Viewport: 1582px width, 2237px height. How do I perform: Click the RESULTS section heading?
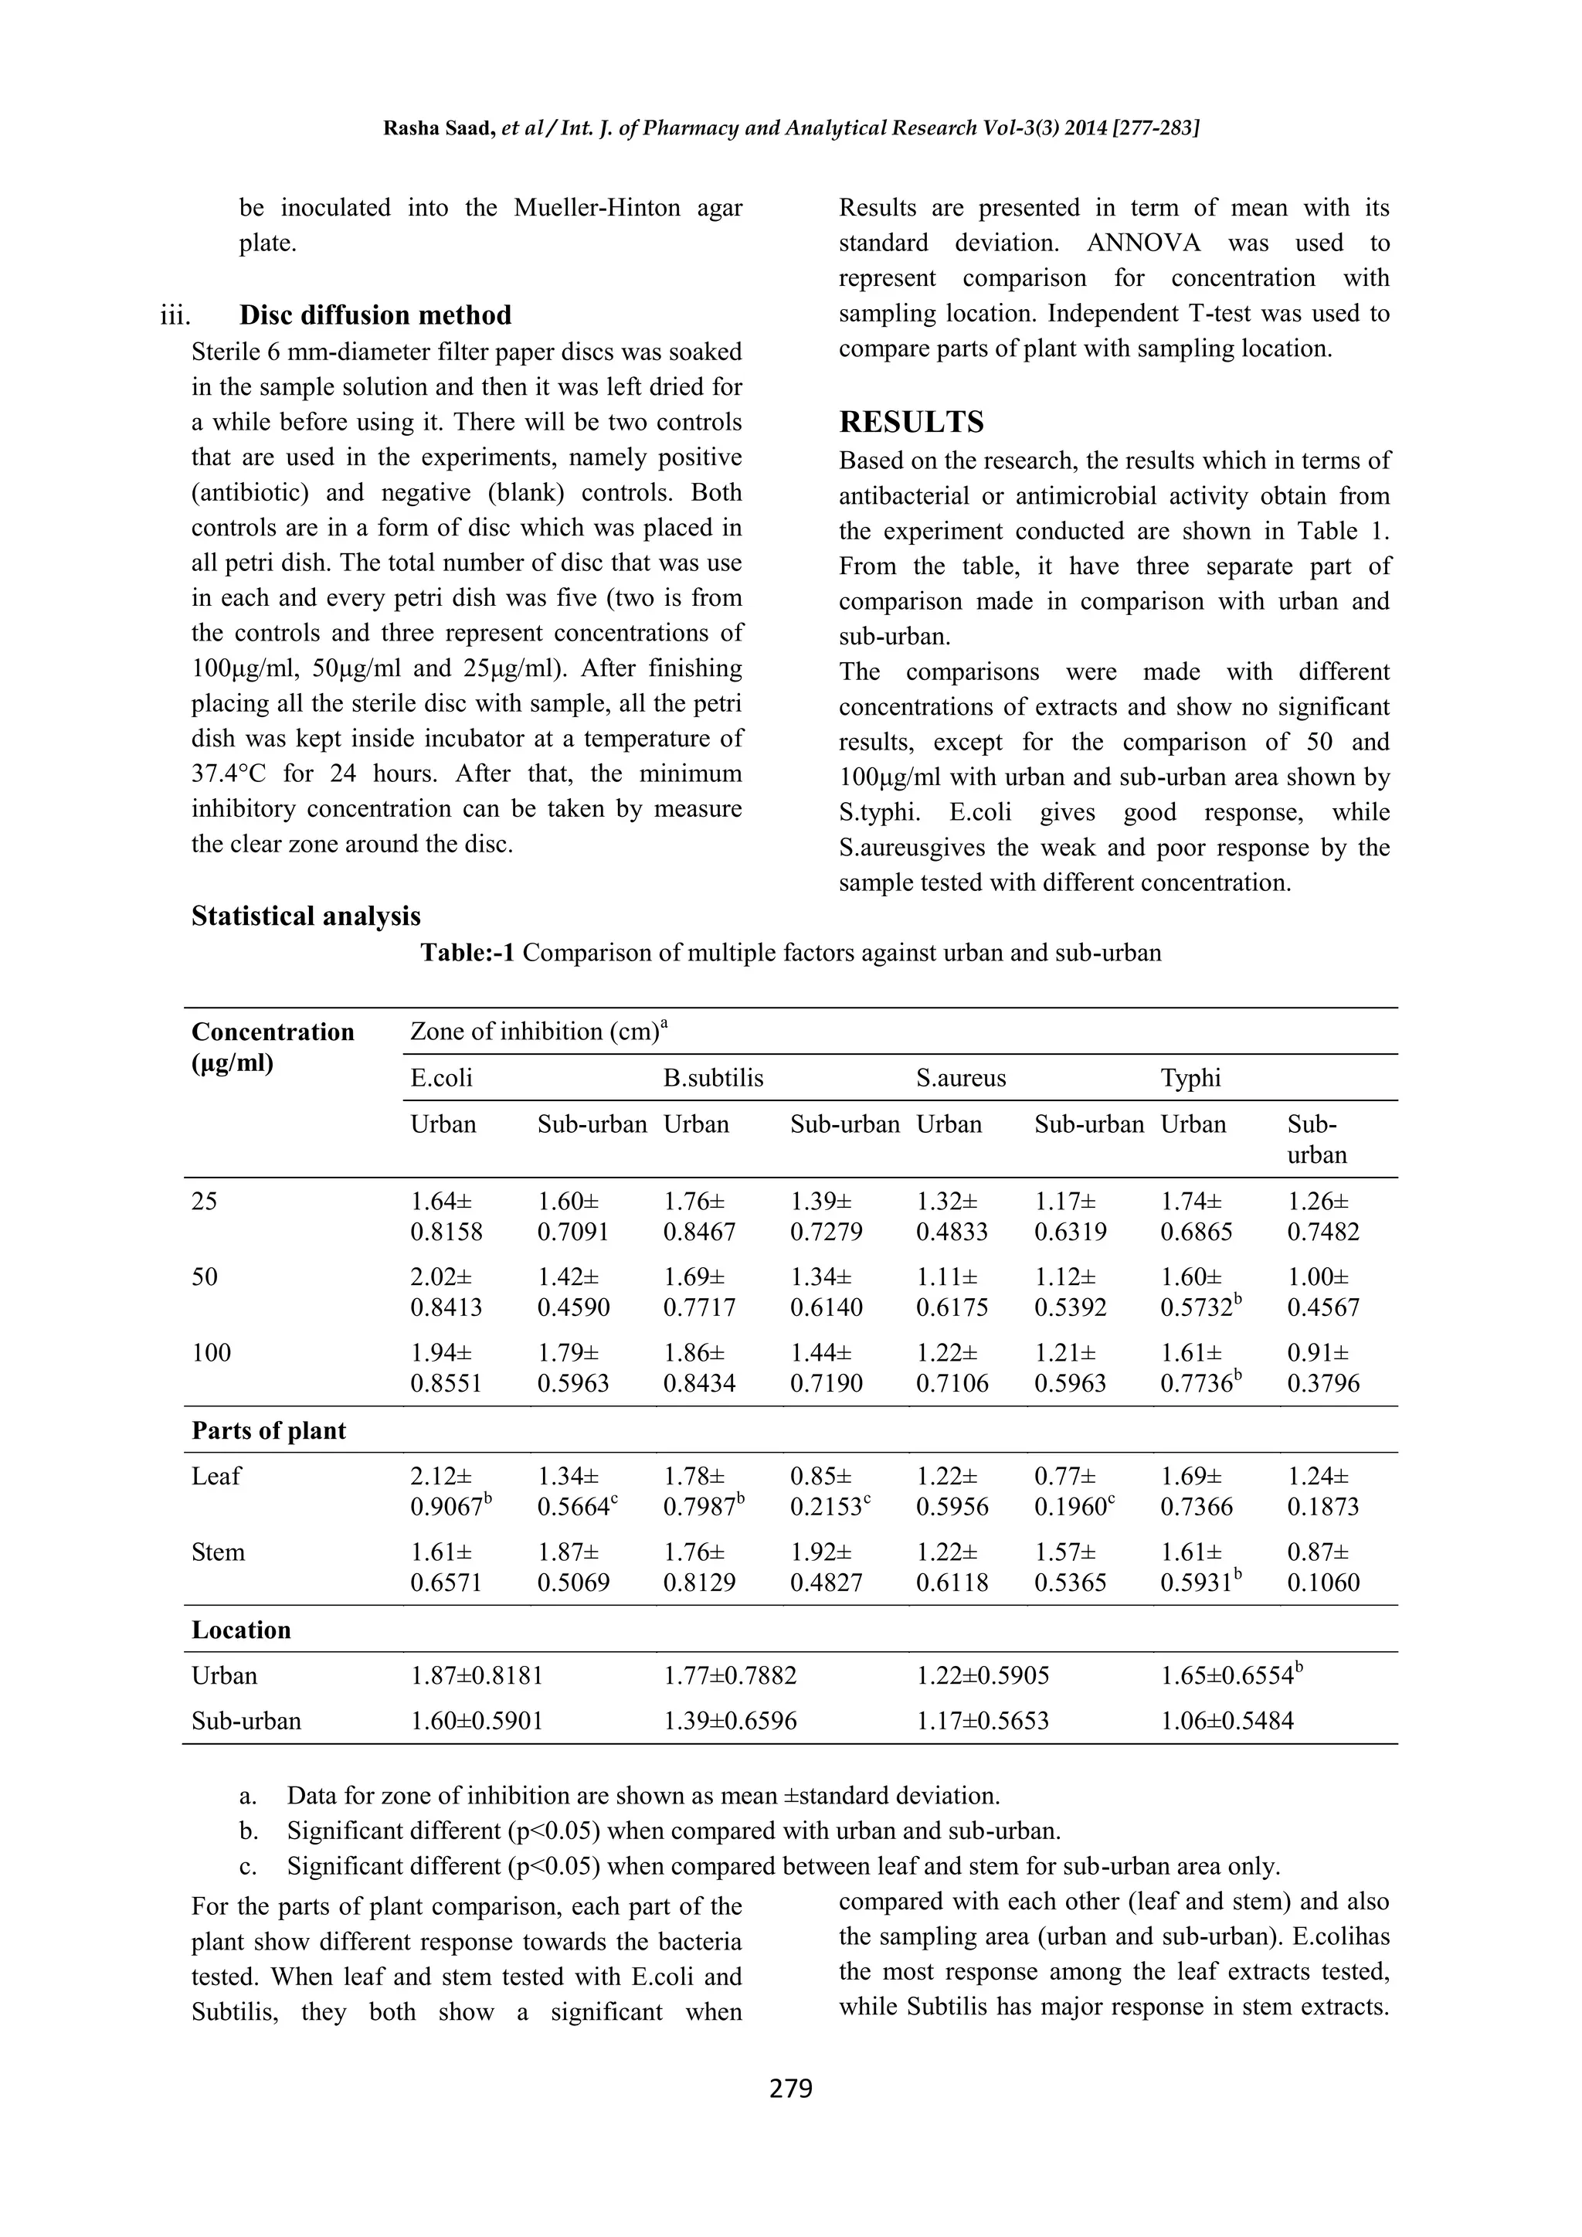pos(911,422)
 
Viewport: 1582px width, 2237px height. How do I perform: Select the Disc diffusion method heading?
pos(375,314)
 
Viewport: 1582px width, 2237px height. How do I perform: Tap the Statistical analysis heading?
pos(306,916)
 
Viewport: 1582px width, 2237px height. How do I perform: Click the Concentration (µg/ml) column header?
pos(273,1046)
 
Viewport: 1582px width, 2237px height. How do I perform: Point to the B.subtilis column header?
pos(713,1078)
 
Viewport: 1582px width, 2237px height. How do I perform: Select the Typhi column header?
pos(1190,1078)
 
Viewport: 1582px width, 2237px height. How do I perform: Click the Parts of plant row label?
pos(269,1430)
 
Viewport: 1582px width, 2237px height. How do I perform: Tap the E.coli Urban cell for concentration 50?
pos(446,1292)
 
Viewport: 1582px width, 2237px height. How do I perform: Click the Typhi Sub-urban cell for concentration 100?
pos(1322,1368)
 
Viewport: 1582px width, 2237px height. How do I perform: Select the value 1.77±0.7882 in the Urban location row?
pos(730,1676)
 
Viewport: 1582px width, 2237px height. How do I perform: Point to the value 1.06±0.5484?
pos(1227,1721)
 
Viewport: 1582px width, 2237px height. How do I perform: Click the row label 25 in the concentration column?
pos(205,1202)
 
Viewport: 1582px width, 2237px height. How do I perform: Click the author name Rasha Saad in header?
pos(437,128)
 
